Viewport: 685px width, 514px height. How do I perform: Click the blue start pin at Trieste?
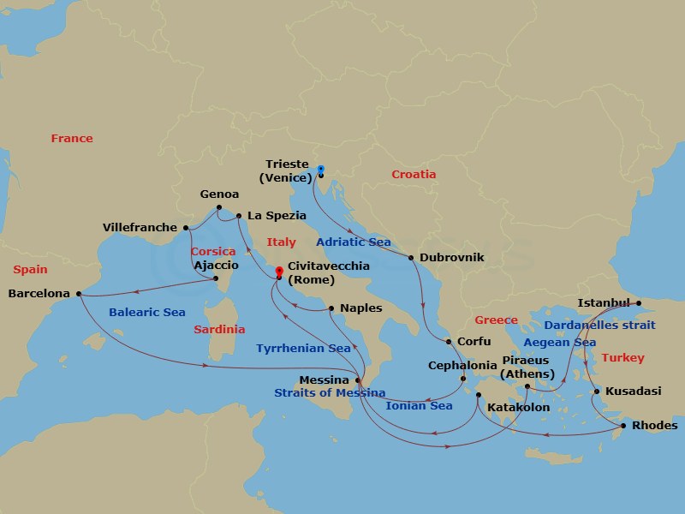pos(320,170)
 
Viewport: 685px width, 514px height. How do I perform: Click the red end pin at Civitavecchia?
pos(279,272)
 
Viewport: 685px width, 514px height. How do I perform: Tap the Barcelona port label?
pos(39,293)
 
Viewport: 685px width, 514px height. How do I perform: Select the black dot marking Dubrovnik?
pos(412,258)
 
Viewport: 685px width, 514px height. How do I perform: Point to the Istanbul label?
pos(604,302)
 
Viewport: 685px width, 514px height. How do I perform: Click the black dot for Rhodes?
pos(623,426)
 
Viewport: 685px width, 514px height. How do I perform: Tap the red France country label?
pos(72,139)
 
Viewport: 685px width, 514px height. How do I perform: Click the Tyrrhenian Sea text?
pos(303,349)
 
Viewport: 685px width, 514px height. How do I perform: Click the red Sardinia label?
pos(219,329)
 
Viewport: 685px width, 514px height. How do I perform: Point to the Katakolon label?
pos(518,408)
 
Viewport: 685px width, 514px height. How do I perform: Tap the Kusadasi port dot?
pos(596,392)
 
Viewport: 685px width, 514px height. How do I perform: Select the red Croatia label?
pos(414,175)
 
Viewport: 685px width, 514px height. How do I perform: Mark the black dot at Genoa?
pos(219,207)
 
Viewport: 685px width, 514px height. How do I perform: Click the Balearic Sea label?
pos(147,313)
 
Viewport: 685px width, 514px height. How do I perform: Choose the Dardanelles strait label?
pos(600,326)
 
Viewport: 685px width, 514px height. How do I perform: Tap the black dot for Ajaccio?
pos(216,278)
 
